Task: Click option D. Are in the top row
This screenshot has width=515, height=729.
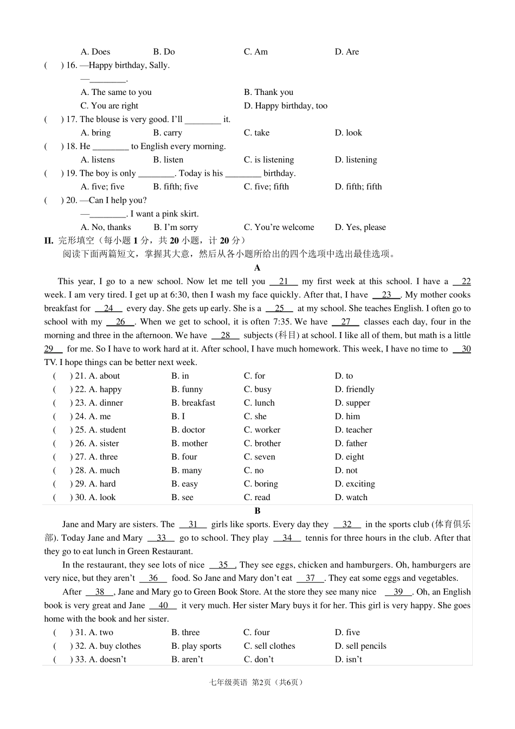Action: point(346,52)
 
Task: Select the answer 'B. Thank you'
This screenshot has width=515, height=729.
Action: point(268,92)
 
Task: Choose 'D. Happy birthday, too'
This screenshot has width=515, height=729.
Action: point(285,106)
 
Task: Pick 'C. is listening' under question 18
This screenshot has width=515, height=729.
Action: point(268,160)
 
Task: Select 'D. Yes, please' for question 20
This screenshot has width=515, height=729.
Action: point(360,227)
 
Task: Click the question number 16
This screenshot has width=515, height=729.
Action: point(71,66)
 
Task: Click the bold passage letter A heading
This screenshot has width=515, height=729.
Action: point(257,268)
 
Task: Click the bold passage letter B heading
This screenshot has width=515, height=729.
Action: point(257,511)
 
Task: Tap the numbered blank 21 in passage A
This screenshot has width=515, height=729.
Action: point(284,282)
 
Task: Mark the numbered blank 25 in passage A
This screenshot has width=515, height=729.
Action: point(280,309)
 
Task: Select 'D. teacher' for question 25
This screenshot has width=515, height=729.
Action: point(353,430)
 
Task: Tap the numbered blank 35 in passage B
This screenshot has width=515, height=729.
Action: point(223,565)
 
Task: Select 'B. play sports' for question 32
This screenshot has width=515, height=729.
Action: point(196,646)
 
